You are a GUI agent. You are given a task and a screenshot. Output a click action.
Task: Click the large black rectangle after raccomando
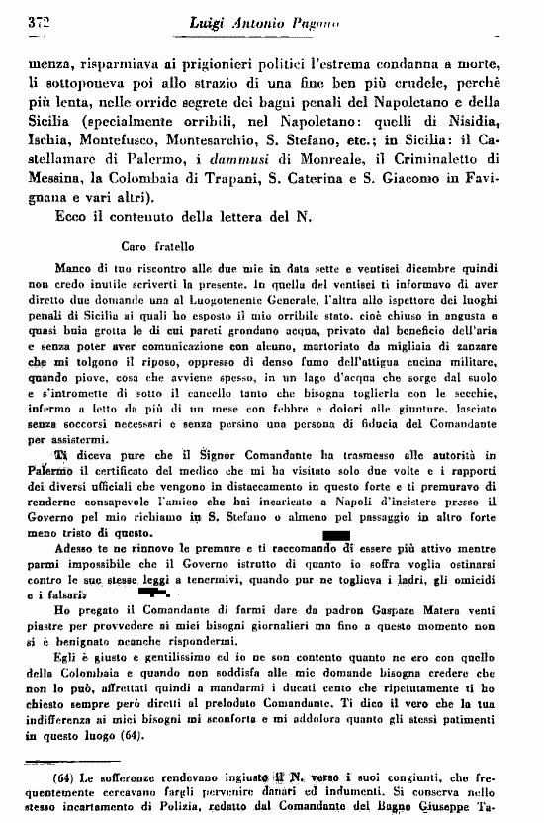coord(337,538)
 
